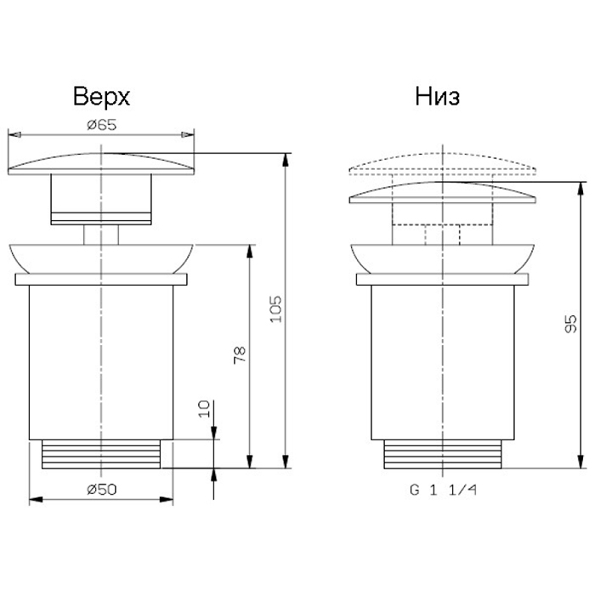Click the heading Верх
(101, 96)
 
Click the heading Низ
(438, 96)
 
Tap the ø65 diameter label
(102, 124)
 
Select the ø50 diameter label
(102, 489)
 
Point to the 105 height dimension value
(276, 309)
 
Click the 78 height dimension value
(240, 355)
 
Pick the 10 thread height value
(204, 409)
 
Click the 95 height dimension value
(570, 324)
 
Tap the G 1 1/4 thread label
(443, 490)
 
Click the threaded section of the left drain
(101, 454)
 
